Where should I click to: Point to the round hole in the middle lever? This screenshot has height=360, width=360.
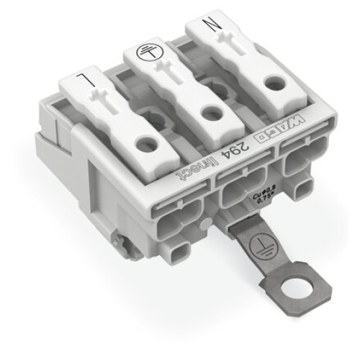(x=210, y=112)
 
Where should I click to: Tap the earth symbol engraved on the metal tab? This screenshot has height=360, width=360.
(x=251, y=250)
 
